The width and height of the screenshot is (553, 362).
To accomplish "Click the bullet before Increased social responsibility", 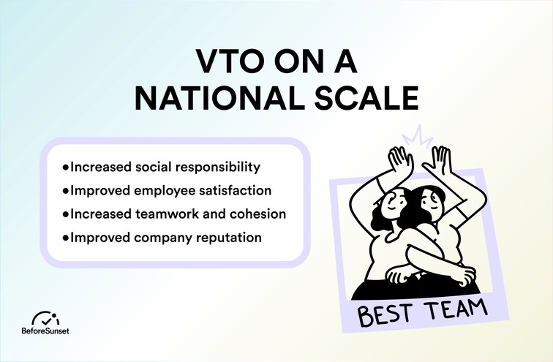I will click(x=66, y=167).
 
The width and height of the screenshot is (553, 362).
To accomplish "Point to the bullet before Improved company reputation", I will click(x=66, y=238).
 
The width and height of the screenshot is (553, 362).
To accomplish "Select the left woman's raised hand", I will click(x=399, y=159).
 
